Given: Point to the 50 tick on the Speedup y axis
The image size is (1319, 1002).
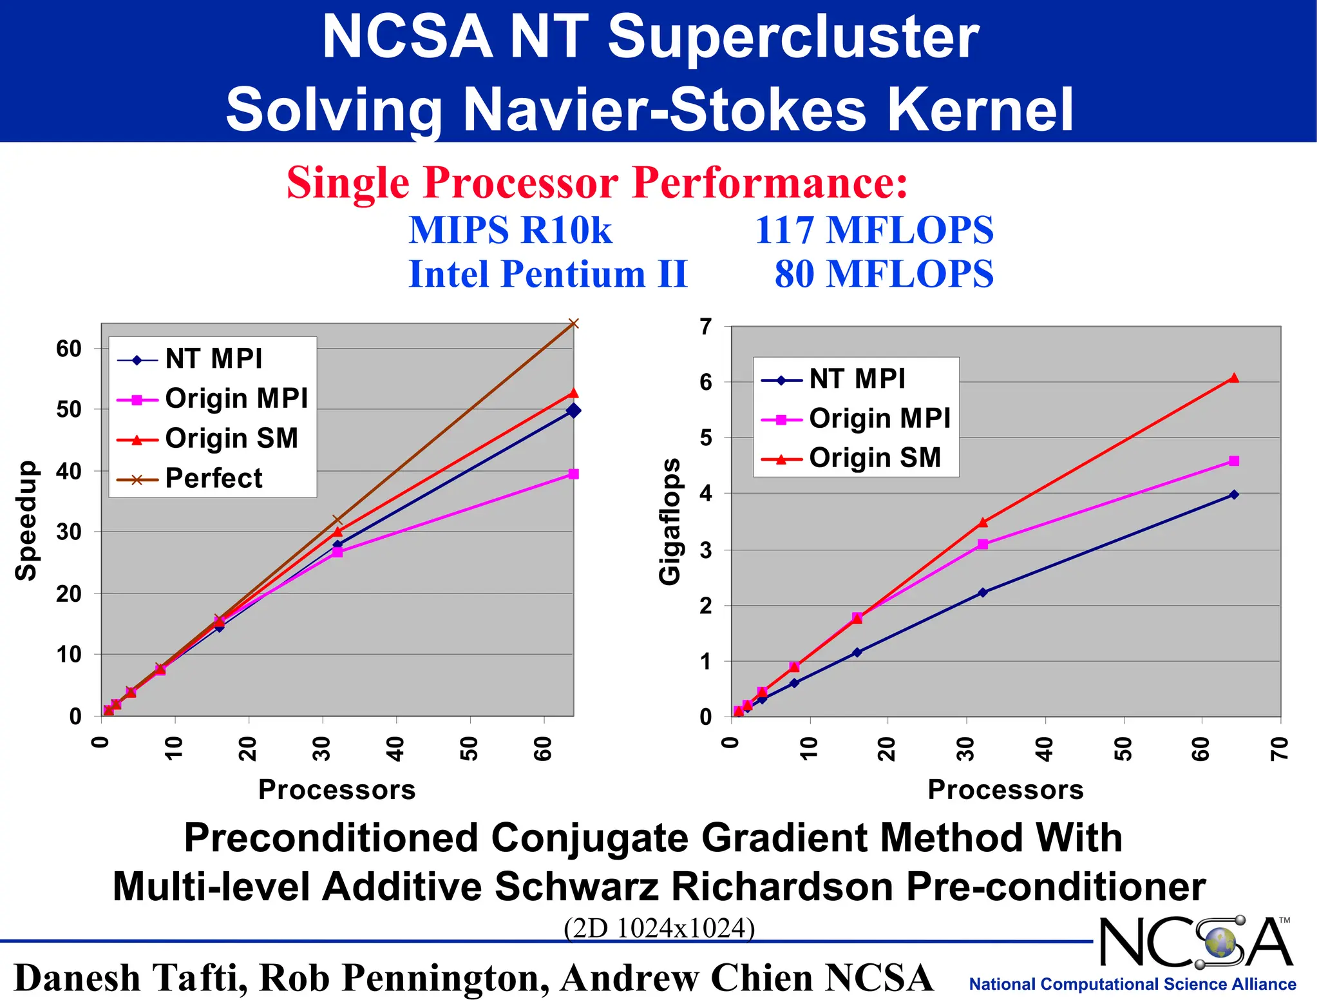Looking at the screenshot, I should [69, 409].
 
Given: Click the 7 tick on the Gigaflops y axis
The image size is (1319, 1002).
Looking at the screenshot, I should [707, 327].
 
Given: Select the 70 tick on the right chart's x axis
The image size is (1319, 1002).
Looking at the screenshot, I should [1280, 748].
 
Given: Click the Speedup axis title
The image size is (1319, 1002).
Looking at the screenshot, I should [26, 520].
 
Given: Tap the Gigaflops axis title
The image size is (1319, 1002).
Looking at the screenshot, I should [670, 521].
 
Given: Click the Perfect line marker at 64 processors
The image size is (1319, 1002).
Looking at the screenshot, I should [574, 323].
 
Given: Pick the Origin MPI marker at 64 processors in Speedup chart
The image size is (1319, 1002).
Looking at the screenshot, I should [574, 474].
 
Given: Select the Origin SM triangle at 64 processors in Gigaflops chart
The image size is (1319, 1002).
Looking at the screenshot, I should [1233, 378].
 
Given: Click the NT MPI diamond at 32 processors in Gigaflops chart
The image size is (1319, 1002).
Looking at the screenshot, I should [982, 592].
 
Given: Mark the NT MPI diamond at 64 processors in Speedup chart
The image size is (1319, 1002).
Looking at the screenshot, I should [573, 410].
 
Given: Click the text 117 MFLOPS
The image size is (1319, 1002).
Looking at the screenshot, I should [874, 230].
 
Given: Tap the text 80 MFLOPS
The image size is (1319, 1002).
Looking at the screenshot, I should [884, 274].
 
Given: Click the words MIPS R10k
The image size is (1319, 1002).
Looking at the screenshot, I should [510, 230].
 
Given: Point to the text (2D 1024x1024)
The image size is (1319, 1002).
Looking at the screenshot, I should [659, 928].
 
